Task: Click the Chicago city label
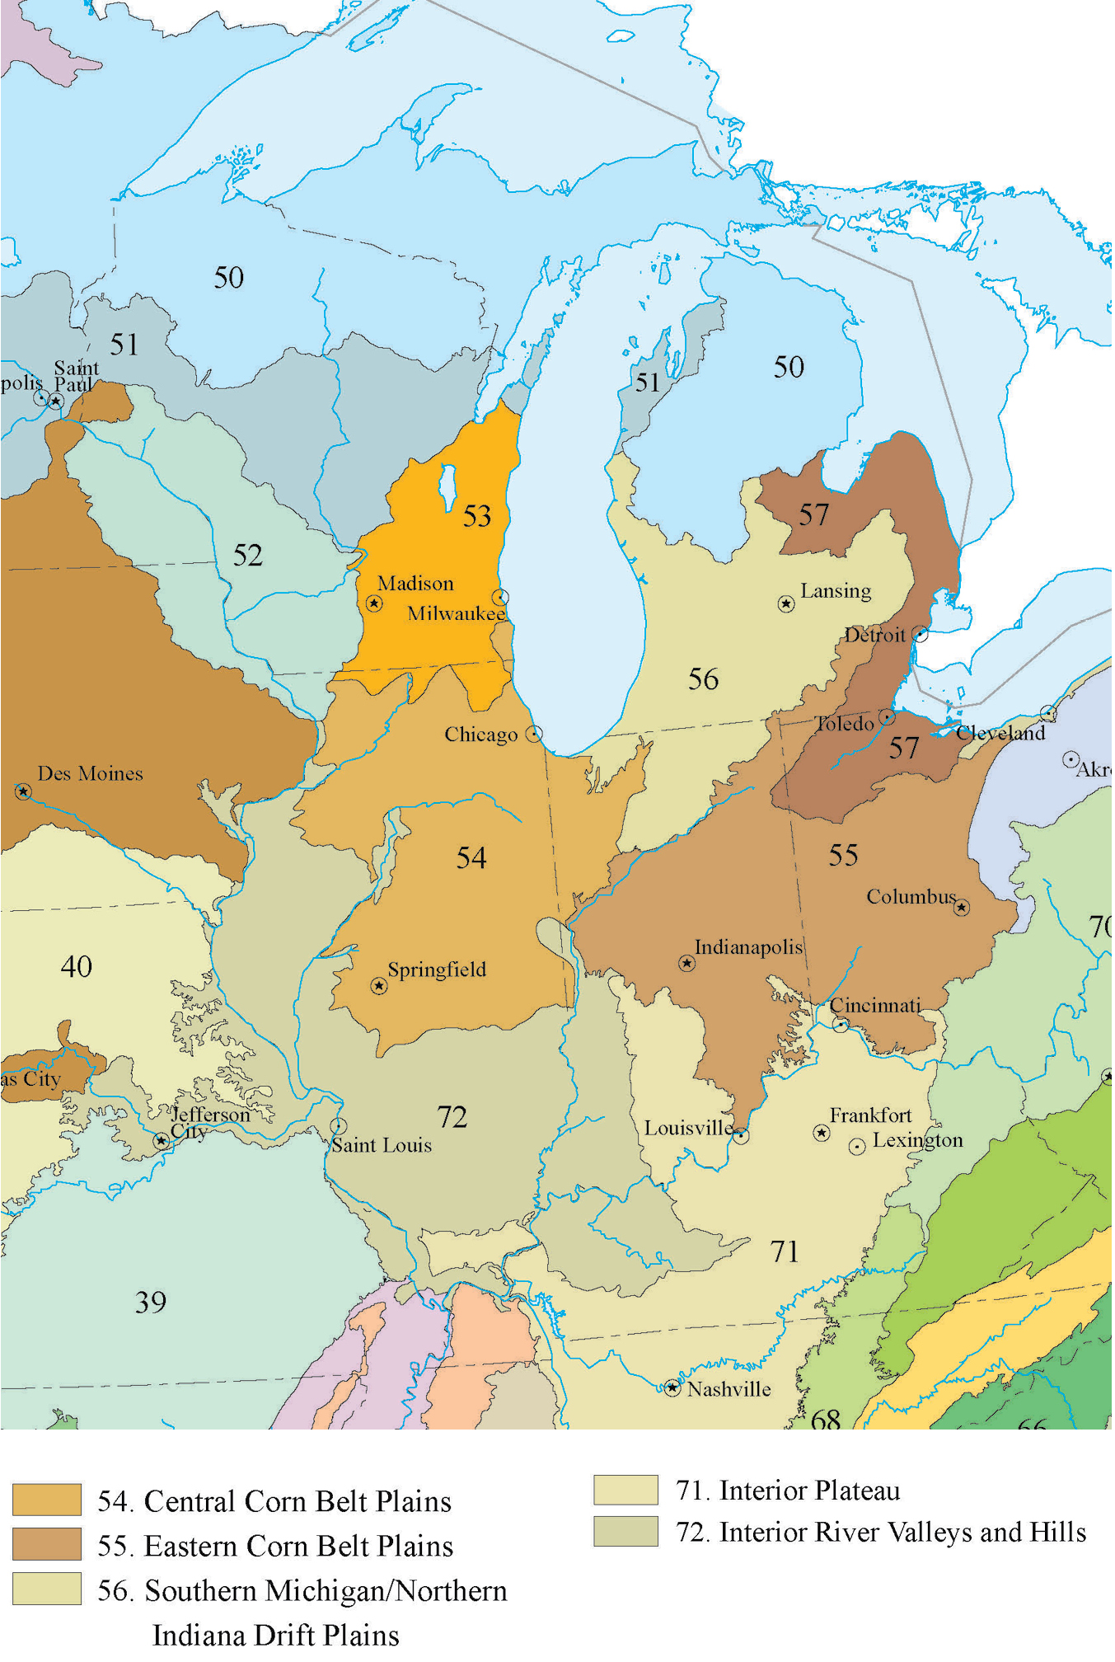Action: pyautogui.click(x=481, y=735)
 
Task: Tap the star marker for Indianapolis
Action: pyautogui.click(x=687, y=964)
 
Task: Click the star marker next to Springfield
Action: pyautogui.click(x=379, y=987)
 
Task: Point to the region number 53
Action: pyautogui.click(x=477, y=517)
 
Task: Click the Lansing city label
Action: pyautogui.click(x=836, y=592)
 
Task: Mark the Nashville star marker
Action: pyautogui.click(x=673, y=1389)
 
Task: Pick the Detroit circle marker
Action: pyautogui.click(x=921, y=636)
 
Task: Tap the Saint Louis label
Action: pyautogui.click(x=382, y=1146)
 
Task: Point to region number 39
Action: pyautogui.click(x=151, y=1303)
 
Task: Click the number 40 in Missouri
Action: pyautogui.click(x=77, y=967)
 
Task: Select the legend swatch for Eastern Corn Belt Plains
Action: pyautogui.click(x=47, y=1545)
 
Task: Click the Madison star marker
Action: pyautogui.click(x=375, y=604)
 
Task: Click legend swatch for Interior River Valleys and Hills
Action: pyautogui.click(x=626, y=1533)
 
